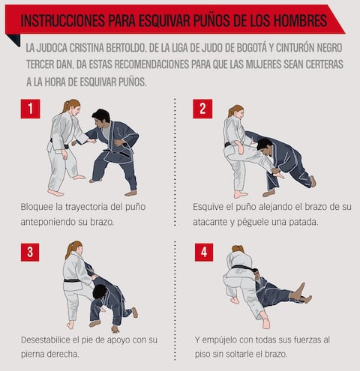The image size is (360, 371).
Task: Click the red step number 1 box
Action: [x=30, y=109]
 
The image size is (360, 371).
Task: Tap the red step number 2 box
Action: [x=202, y=109]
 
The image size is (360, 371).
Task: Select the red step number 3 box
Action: [x=30, y=252]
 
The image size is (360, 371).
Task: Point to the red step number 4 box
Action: [x=204, y=252]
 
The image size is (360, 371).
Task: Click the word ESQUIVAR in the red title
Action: [x=163, y=20]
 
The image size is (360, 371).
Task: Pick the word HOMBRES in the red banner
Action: [x=300, y=20]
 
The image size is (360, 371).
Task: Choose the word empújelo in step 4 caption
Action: [x=218, y=340]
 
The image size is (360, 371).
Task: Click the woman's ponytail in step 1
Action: [x=65, y=106]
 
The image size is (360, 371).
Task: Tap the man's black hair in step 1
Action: [x=101, y=115]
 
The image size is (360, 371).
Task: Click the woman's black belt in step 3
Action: [x=72, y=280]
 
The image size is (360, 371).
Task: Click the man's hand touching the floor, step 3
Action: [x=115, y=329]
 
